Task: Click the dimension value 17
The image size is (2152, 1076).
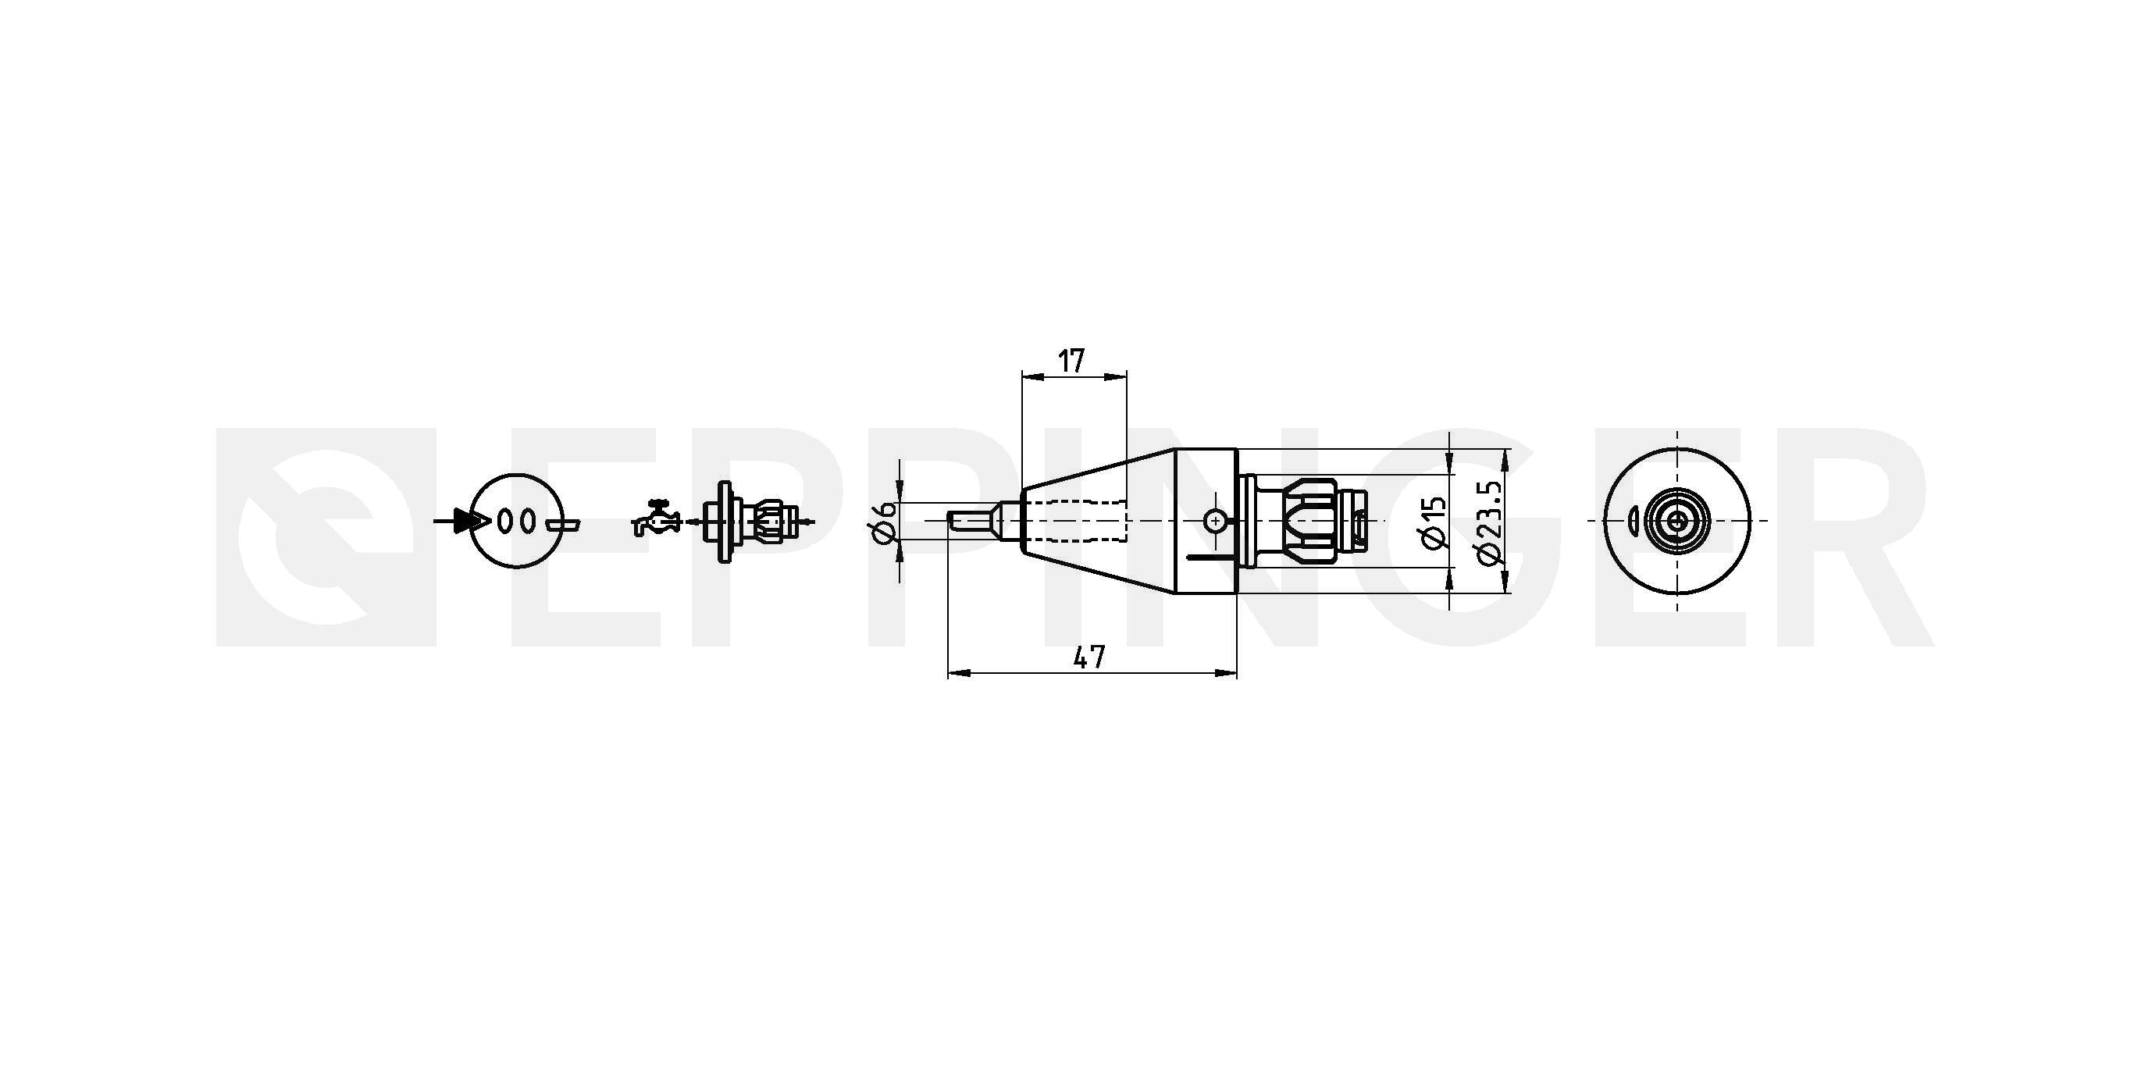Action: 1072,361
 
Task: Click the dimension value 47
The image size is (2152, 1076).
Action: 1089,657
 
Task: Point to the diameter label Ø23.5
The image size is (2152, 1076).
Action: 1490,522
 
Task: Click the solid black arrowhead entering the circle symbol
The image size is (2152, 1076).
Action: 470,522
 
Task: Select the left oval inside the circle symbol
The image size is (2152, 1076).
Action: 505,521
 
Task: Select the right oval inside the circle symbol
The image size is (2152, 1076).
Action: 526,521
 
